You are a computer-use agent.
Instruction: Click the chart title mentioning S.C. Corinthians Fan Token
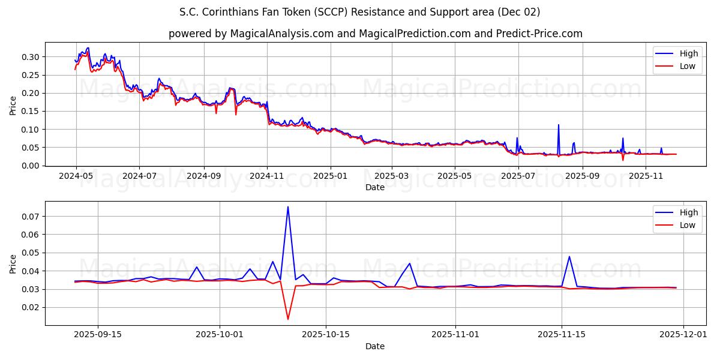coord(359,12)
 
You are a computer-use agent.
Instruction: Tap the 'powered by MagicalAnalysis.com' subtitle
coord(375,34)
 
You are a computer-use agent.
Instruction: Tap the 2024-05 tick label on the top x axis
coord(76,176)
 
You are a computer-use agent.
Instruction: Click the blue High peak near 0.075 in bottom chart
coord(288,207)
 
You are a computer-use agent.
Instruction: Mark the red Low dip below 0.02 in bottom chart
coord(288,319)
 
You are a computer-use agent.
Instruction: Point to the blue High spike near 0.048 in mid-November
coord(569,257)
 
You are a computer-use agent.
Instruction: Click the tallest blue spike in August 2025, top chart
coord(559,125)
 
